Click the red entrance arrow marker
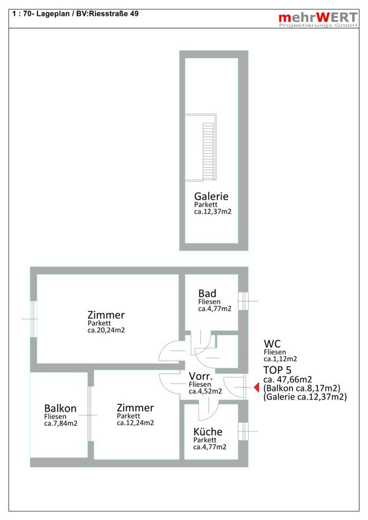pos(257,387)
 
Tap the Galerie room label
pos(211,196)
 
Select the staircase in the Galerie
pos(208,151)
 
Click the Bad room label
pos(207,294)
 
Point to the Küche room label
pos(208,432)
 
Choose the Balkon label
pos(61,408)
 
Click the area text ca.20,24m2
pos(106,330)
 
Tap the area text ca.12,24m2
pos(135,423)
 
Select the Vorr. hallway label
pos(201,376)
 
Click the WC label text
pos(272,344)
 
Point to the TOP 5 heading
pos(277,370)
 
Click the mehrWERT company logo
pos(318,20)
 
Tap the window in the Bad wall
pos(243,301)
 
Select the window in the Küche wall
pos(243,431)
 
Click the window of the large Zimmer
pos(34,319)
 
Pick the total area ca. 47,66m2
pos(288,380)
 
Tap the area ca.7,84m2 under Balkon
pos(61,423)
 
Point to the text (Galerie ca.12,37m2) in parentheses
pos(305,397)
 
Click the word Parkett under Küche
pos(205,440)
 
